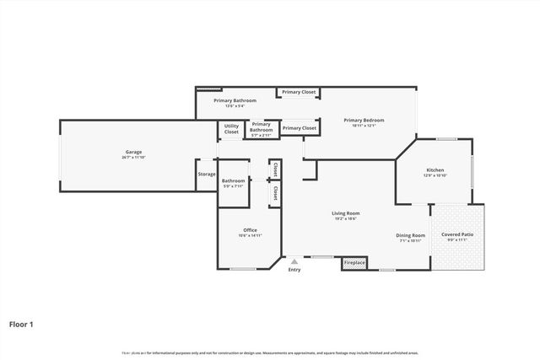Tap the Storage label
click(x=207, y=175)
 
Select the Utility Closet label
click(x=231, y=130)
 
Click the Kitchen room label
click(x=435, y=169)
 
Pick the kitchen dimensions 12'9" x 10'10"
click(x=435, y=175)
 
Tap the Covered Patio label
click(x=457, y=234)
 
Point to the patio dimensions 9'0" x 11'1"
click(x=457, y=240)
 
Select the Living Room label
click(x=346, y=213)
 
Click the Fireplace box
click(x=355, y=263)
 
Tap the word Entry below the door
click(x=294, y=270)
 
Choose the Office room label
click(x=250, y=230)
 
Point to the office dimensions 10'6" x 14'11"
click(x=250, y=236)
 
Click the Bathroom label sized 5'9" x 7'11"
click(x=234, y=180)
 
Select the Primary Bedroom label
click(x=364, y=120)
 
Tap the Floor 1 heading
click(x=21, y=323)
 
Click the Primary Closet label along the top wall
click(x=299, y=92)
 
